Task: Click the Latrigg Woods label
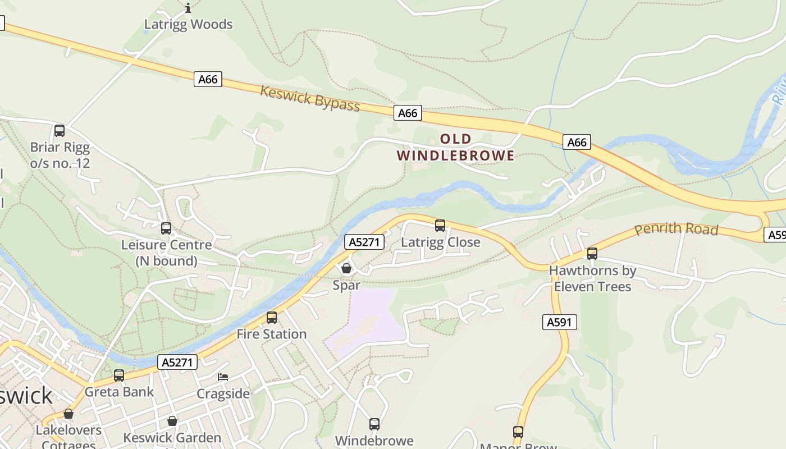tap(188, 24)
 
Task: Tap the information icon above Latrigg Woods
tap(188, 7)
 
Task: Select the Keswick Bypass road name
tap(310, 98)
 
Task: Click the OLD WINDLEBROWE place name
tap(455, 147)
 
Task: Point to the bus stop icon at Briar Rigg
tap(60, 131)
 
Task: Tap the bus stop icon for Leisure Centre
tap(166, 228)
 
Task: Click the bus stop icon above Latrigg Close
tap(440, 226)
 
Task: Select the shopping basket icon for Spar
tap(346, 268)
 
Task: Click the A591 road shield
tap(560, 322)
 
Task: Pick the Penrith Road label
tap(677, 229)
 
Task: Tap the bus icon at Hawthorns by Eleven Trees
tap(592, 254)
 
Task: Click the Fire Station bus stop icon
tap(272, 318)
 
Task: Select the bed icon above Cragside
tap(223, 377)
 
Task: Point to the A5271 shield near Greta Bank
tap(177, 362)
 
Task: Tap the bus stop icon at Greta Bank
tap(119, 375)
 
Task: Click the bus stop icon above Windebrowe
tap(374, 424)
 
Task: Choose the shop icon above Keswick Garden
tap(172, 421)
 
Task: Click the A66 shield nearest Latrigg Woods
tap(208, 79)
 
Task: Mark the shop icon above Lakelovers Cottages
tap(68, 414)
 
